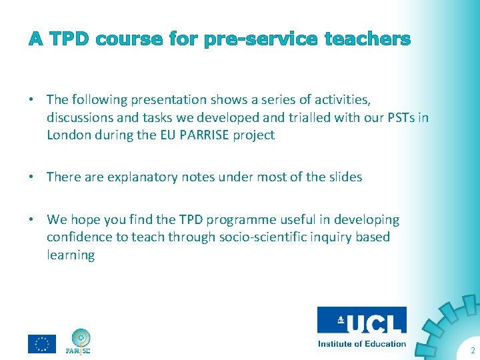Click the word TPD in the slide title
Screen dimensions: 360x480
[69, 39]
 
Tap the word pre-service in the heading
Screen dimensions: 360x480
[259, 39]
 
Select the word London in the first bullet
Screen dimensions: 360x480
[69, 135]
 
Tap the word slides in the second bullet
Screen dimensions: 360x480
[345, 177]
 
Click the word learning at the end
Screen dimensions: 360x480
[71, 255]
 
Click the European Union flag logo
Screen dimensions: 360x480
[41, 343]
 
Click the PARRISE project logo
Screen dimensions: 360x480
[78, 341]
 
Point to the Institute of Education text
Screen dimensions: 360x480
[361, 344]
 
